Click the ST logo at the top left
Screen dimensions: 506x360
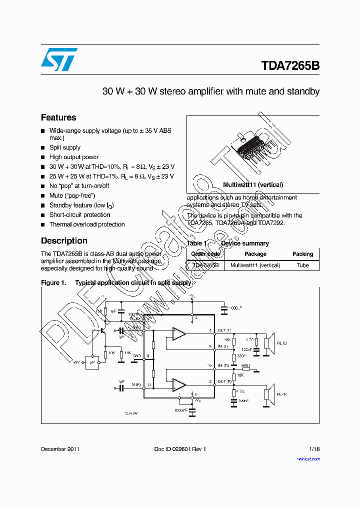pyautogui.click(x=59, y=59)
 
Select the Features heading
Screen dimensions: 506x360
pyautogui.click(x=58, y=117)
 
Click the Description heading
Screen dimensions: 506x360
pyautogui.click(x=64, y=240)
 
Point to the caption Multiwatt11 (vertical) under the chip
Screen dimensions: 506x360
pyautogui.click(x=253, y=184)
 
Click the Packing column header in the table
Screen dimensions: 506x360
pyautogui.click(x=302, y=254)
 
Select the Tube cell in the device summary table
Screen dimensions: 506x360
pyautogui.click(x=302, y=265)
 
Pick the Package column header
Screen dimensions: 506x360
pyautogui.click(x=255, y=254)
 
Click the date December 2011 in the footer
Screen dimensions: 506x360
pyautogui.click(x=60, y=449)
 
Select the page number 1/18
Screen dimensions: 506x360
pyautogui.click(x=314, y=449)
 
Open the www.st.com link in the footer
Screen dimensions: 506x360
pyautogui.click(x=308, y=458)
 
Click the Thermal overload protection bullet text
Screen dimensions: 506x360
pyautogui.click(x=87, y=224)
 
